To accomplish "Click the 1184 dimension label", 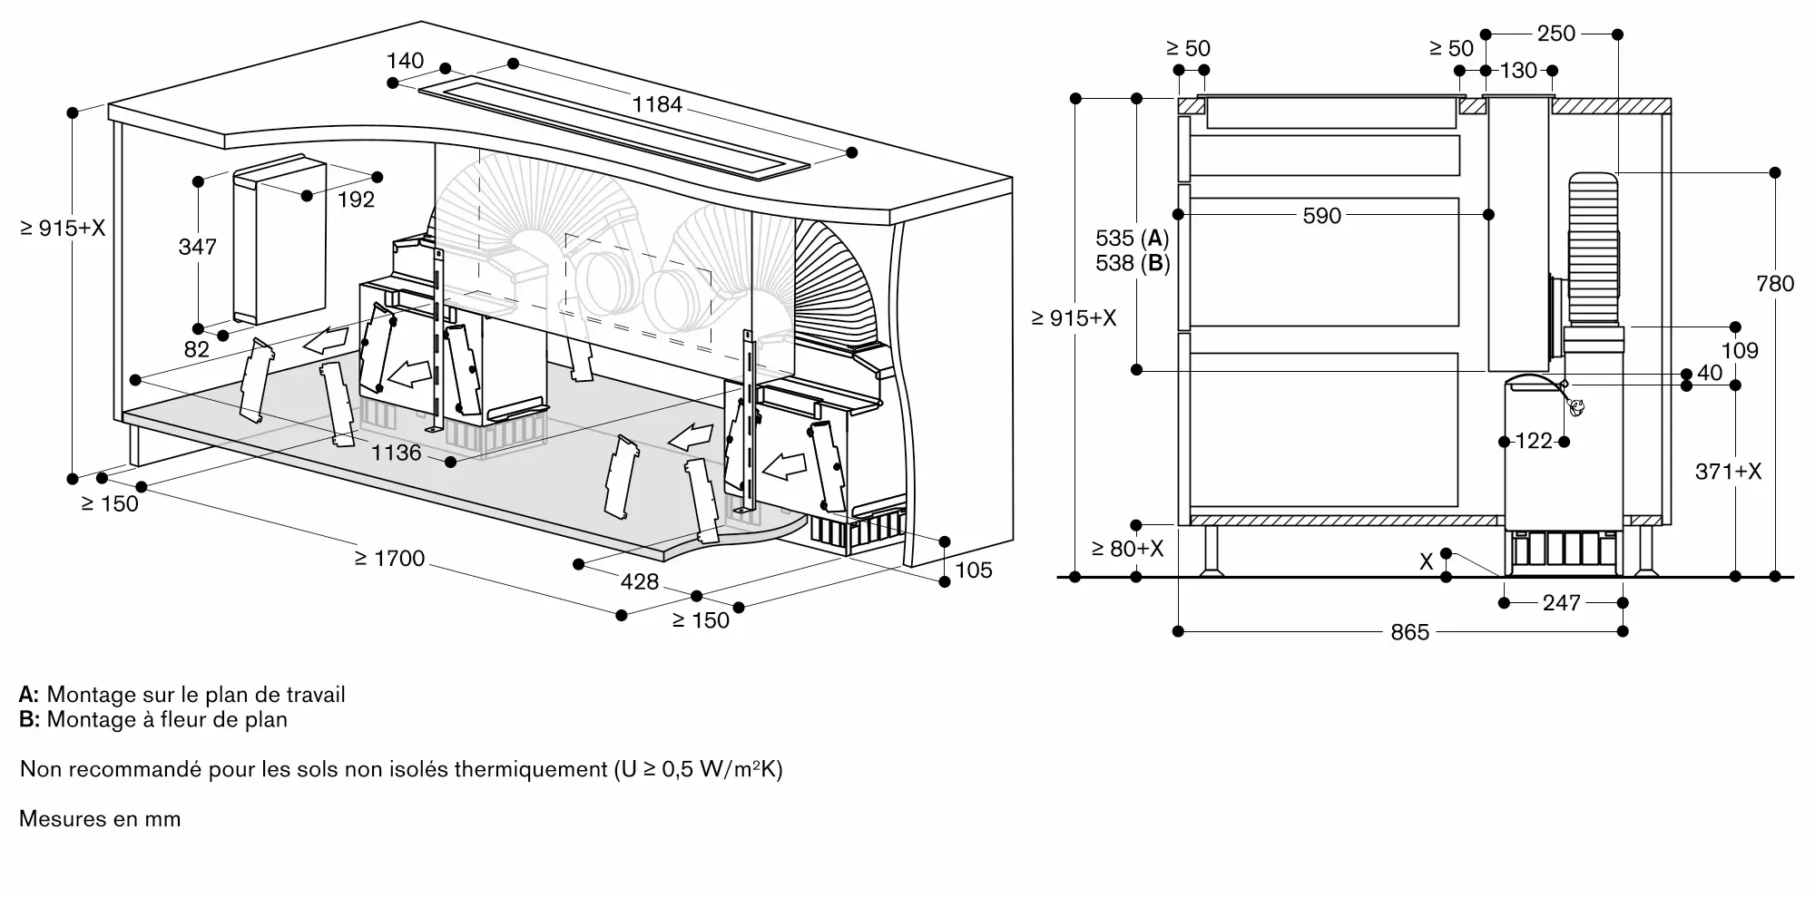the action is pos(656,104).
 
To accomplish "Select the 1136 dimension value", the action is pos(397,452).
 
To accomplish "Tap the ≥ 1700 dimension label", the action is pos(389,558).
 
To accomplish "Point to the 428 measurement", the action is pos(639,581).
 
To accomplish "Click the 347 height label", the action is pos(197,247).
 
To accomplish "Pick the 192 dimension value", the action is pos(356,200).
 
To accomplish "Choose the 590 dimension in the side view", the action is pos(1321,216).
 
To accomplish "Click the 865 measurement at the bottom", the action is pos(1409,632).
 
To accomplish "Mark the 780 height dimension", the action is pos(1775,284).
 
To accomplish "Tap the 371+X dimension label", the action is pos(1728,472).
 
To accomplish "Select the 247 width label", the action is pos(1561,603).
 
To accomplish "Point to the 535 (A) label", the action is pos(1132,239).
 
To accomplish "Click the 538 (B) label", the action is pos(1132,263).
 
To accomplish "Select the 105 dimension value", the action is pos(973,570).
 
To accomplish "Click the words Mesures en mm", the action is pos(100,819).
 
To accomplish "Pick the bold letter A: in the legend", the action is pos(29,695).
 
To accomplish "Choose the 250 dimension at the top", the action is pos(1555,34).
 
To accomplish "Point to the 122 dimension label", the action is pos(1534,441).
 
